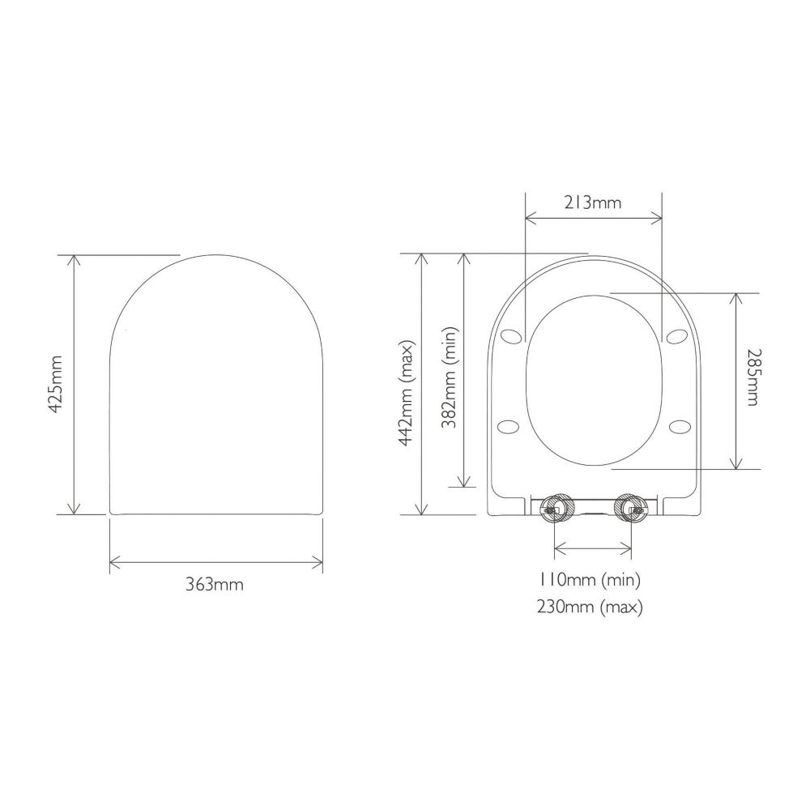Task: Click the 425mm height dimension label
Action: (x=55, y=384)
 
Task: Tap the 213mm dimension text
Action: (x=593, y=202)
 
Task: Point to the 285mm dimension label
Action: (x=752, y=377)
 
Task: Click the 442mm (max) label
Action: (x=406, y=393)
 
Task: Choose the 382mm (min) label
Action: (x=449, y=377)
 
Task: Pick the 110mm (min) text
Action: (x=590, y=580)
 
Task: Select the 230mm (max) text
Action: (x=590, y=607)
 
